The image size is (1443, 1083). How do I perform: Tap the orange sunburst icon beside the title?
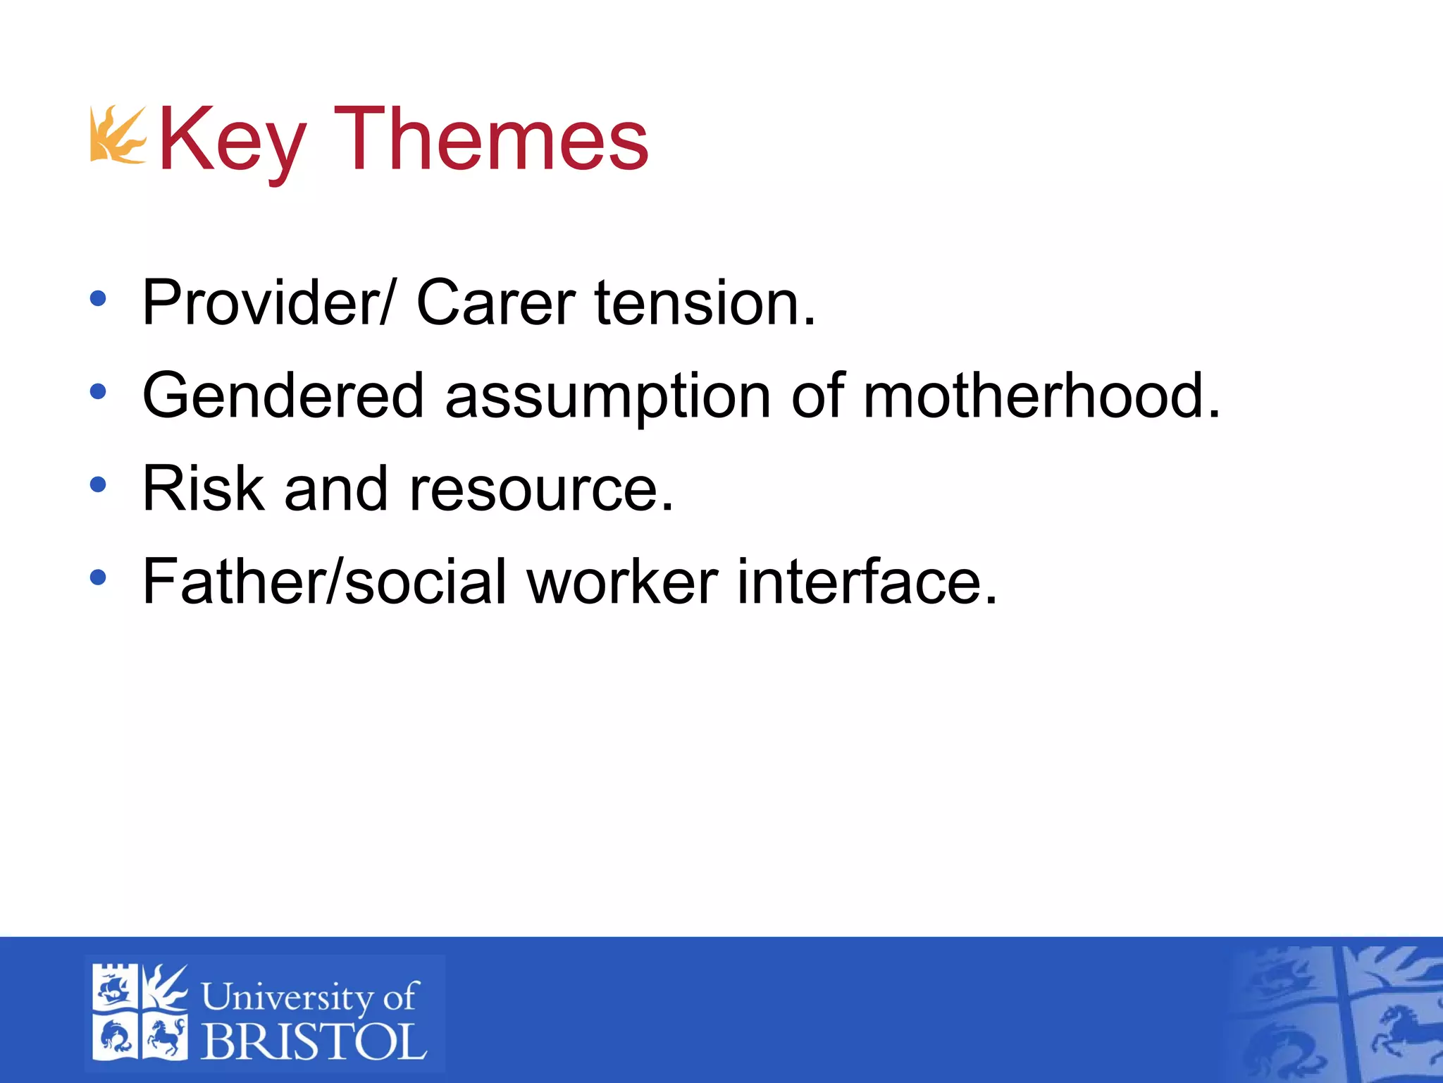click(117, 135)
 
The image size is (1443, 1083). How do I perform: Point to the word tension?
click(705, 303)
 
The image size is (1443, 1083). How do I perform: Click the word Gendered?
click(283, 396)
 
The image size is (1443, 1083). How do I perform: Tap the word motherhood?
click(1041, 396)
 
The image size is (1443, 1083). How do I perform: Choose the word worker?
click(623, 582)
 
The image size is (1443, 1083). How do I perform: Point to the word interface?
click(867, 582)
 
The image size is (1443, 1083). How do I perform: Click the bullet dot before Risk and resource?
click(98, 484)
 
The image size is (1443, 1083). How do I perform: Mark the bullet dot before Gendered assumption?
click(98, 391)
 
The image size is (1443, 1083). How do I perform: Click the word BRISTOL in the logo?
click(314, 1041)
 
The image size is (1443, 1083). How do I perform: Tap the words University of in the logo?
click(310, 996)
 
